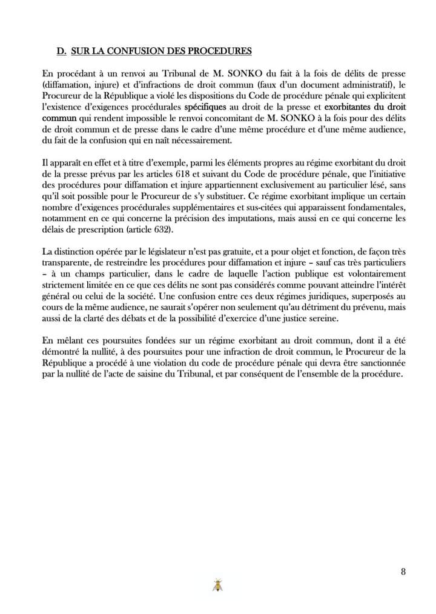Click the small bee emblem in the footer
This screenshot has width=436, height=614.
coord(217,585)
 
